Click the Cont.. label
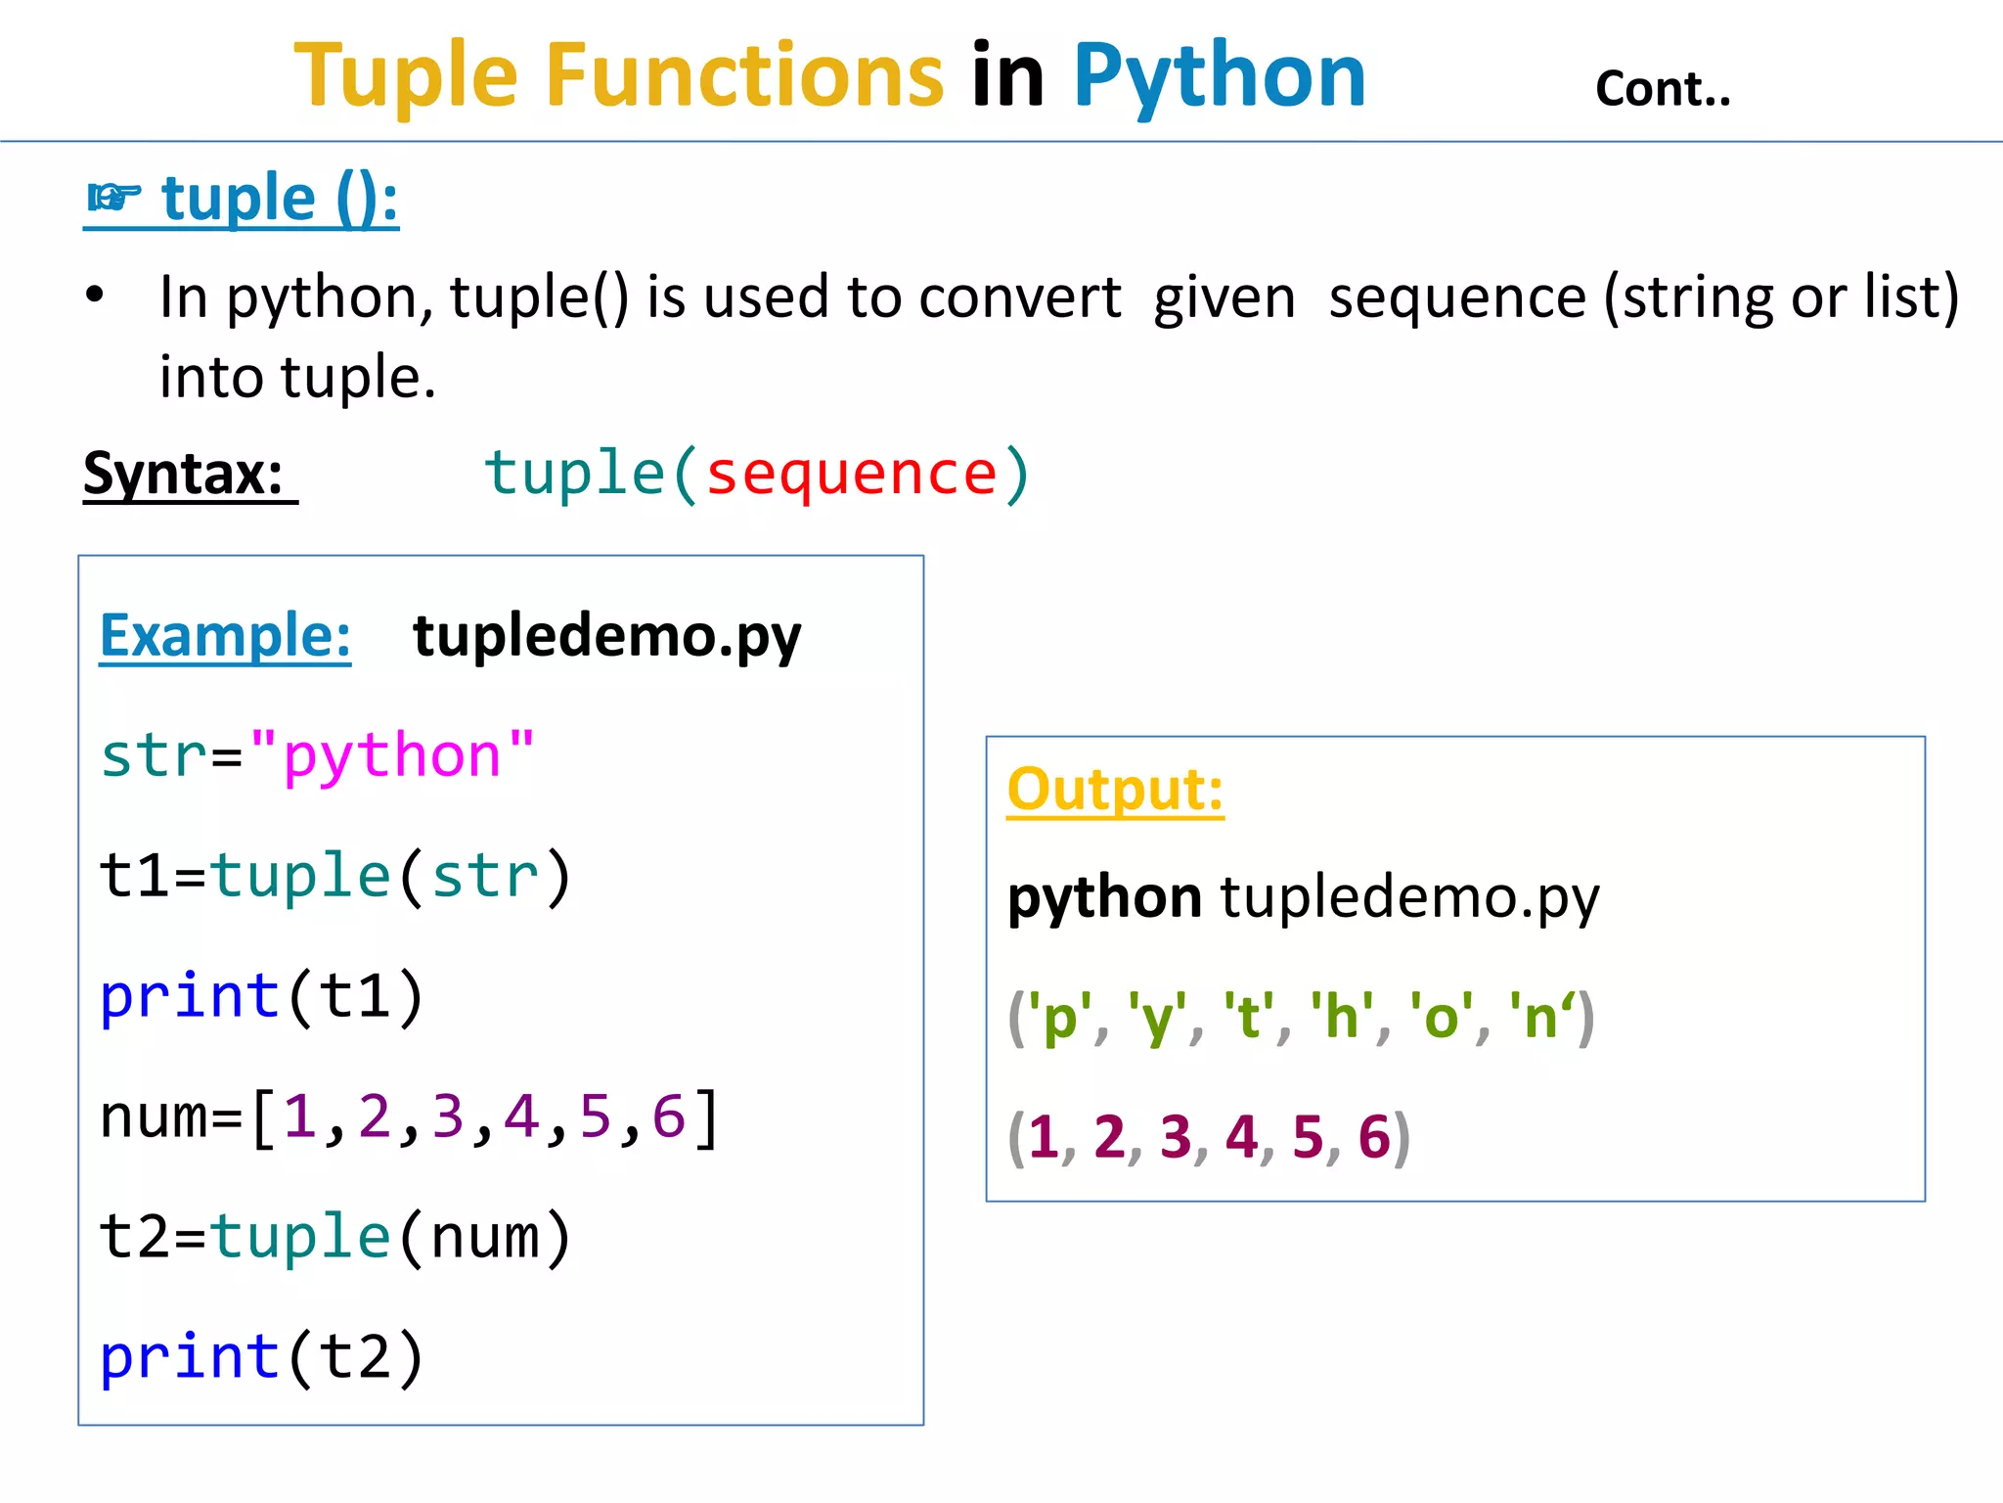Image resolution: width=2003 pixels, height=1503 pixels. click(1663, 89)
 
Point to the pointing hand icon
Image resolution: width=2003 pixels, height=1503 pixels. click(113, 198)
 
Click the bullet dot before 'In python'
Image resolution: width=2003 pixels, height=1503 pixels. click(95, 295)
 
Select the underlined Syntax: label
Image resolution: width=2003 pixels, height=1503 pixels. click(184, 475)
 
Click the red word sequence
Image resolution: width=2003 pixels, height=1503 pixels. click(851, 475)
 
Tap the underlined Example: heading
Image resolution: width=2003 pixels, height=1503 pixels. click(225, 636)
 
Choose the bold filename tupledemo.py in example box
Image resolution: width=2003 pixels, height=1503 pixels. click(606, 636)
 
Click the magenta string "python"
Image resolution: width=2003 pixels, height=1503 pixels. click(391, 755)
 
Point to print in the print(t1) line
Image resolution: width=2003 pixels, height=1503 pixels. click(191, 996)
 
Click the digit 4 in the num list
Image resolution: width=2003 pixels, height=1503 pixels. click(521, 1116)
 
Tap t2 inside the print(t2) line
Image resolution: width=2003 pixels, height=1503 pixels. click(356, 1357)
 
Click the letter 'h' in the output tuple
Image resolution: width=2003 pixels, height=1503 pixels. click(1342, 1018)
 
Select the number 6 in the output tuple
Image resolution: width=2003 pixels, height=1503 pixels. click(1374, 1137)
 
